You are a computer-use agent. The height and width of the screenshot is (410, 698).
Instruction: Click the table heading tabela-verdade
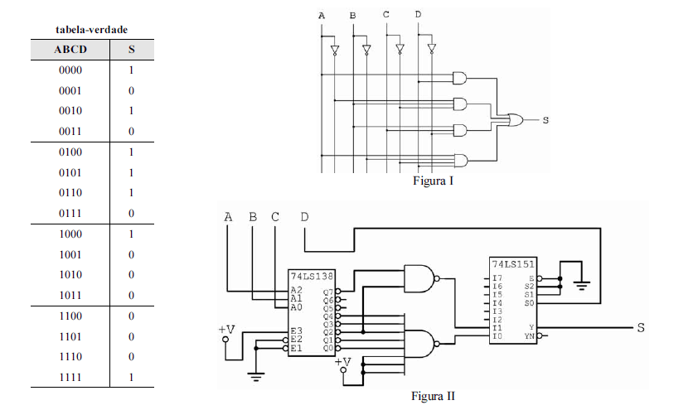[x=91, y=29]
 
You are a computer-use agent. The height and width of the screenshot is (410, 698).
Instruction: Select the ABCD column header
[x=70, y=50]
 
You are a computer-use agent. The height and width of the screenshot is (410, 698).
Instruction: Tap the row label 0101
[x=70, y=173]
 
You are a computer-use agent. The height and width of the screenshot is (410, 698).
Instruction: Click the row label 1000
[x=70, y=234]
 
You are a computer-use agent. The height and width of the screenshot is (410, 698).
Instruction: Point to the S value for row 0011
[x=131, y=132]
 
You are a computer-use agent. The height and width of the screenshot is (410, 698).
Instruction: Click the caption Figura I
[x=433, y=180]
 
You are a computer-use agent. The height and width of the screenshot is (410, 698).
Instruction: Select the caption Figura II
[x=433, y=396]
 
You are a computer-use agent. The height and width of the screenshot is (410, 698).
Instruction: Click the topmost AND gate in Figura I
[x=458, y=77]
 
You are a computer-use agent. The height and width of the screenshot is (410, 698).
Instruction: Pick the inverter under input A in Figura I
[x=334, y=51]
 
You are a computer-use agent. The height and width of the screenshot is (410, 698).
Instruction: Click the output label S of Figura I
[x=545, y=121]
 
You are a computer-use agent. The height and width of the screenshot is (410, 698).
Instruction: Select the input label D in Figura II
[x=305, y=217]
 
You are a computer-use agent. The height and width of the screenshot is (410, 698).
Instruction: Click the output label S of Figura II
[x=640, y=328]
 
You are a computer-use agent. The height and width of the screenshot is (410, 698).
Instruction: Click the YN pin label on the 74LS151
[x=529, y=337]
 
